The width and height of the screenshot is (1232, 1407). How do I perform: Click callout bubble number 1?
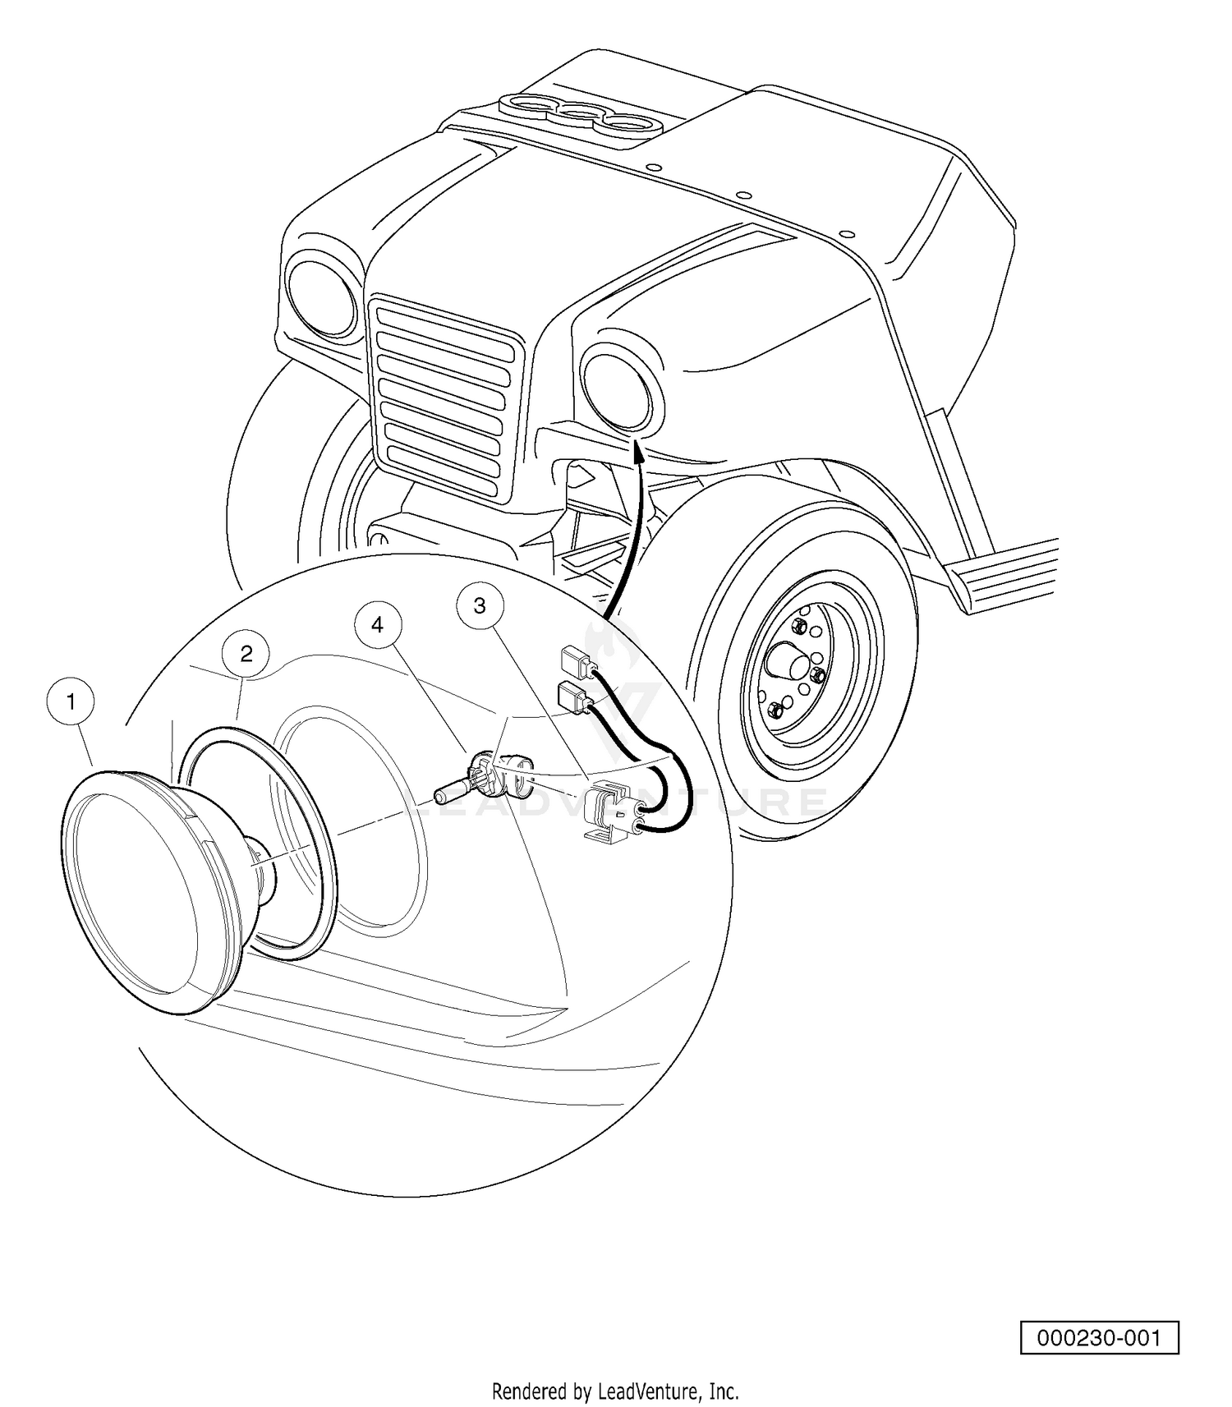pyautogui.click(x=71, y=702)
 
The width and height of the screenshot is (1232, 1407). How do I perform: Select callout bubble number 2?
pyautogui.click(x=246, y=654)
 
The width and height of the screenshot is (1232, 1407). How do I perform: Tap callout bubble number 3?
pyautogui.click(x=480, y=605)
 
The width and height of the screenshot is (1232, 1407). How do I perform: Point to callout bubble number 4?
pyautogui.click(x=377, y=625)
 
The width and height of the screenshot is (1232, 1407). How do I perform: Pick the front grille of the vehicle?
pyautogui.click(x=446, y=398)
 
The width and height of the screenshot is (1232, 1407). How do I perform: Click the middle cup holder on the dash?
pyautogui.click(x=580, y=114)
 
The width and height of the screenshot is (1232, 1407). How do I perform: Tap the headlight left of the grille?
pyautogui.click(x=321, y=297)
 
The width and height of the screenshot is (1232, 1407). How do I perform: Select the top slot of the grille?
pyautogui.click(x=445, y=325)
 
